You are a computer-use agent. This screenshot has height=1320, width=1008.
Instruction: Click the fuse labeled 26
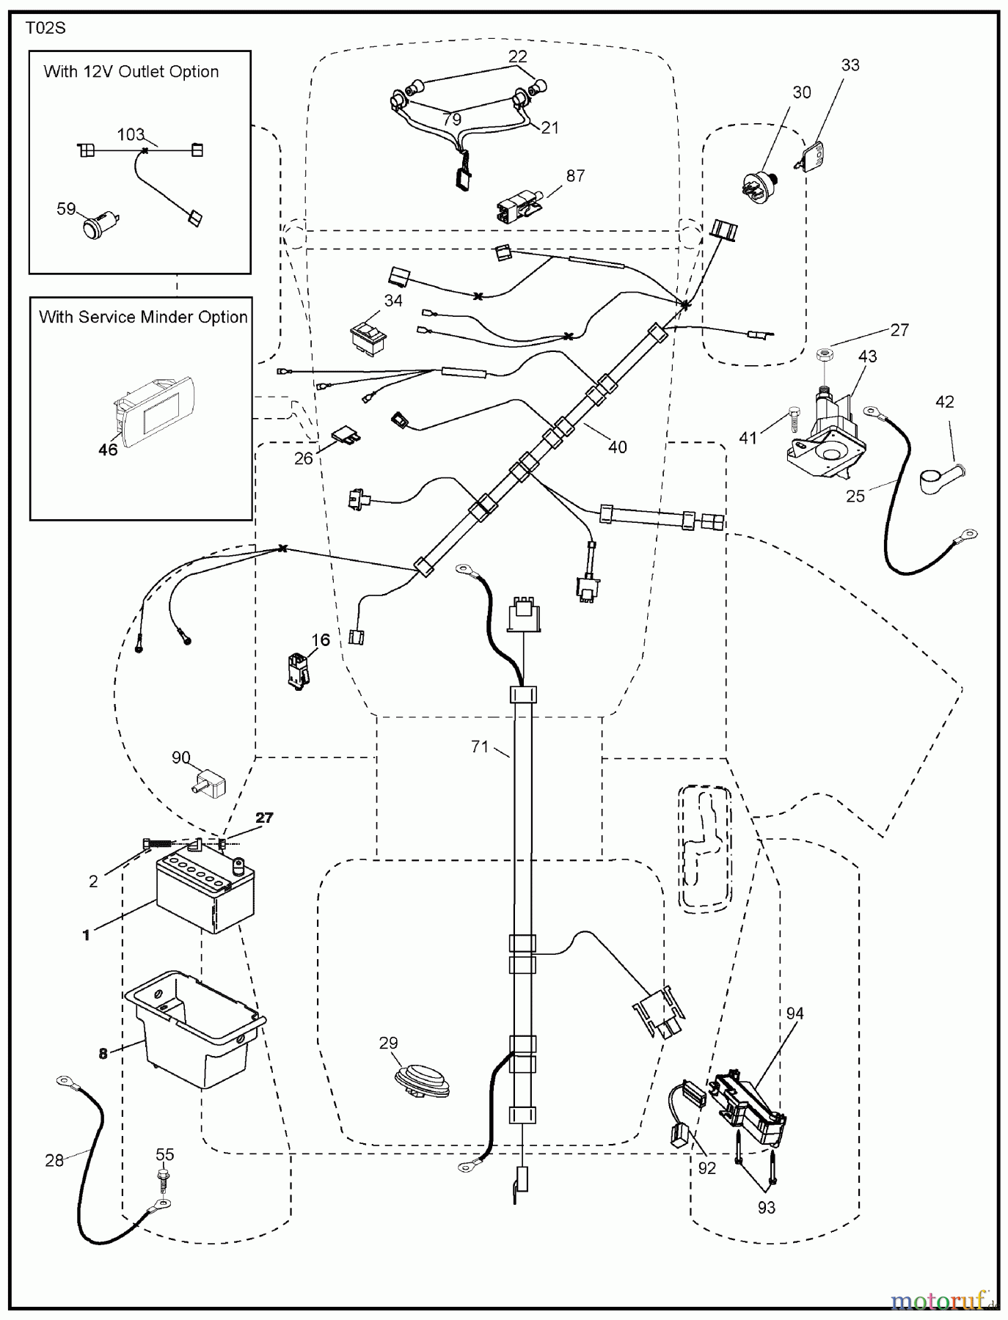tap(347, 436)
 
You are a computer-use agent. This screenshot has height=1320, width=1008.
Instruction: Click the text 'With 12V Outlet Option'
tap(131, 72)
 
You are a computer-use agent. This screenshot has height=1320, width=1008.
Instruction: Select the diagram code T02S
tap(45, 28)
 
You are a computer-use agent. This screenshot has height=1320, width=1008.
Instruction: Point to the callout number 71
tap(480, 747)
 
